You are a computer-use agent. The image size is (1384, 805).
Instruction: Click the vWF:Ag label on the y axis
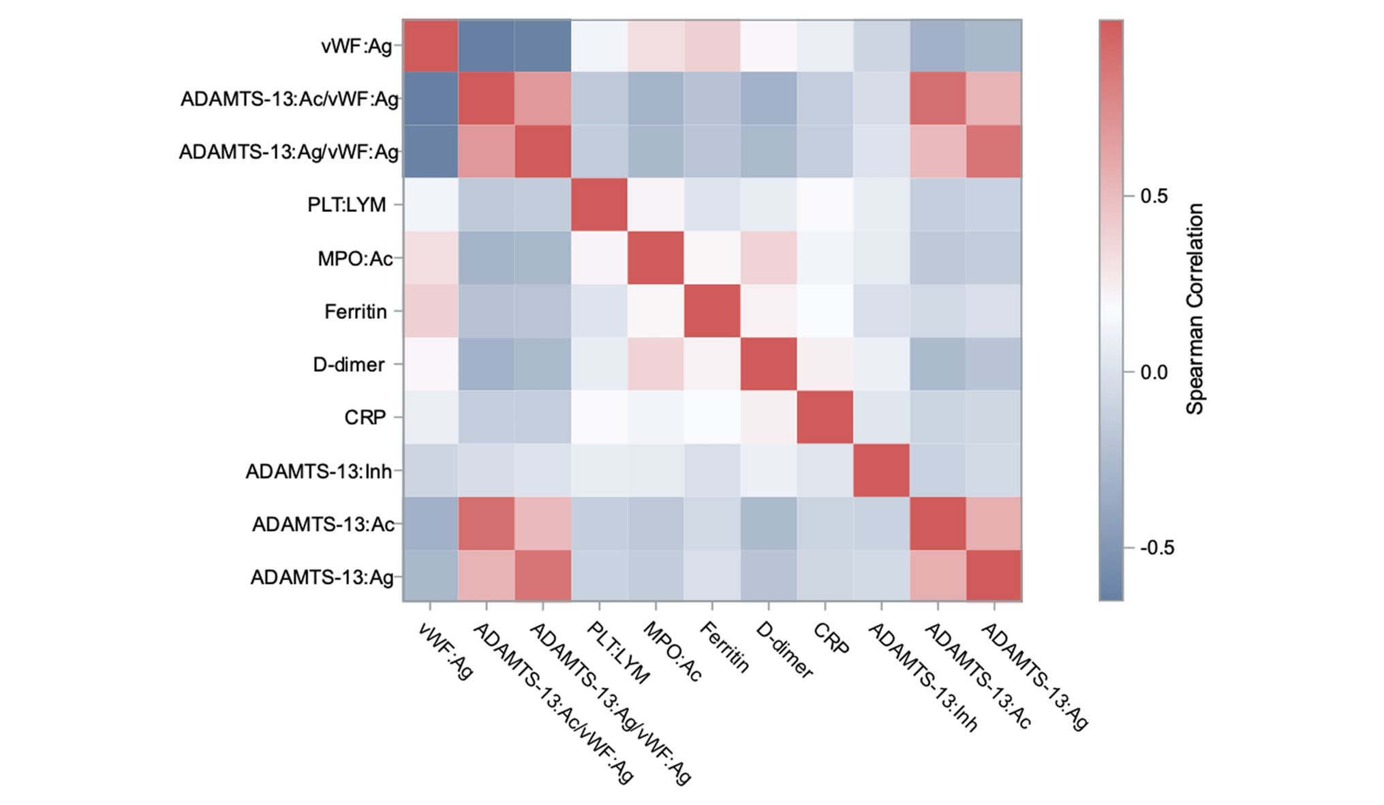click(356, 46)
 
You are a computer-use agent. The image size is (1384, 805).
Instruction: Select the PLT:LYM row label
click(346, 204)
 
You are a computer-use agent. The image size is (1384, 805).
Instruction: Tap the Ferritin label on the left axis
click(355, 312)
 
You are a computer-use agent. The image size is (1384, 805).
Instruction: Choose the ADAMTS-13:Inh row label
click(318, 471)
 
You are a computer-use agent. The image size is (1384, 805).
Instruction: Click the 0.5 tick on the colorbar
click(1154, 196)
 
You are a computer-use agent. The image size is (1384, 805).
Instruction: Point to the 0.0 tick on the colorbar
click(1154, 372)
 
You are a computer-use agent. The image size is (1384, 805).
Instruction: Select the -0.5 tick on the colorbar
click(1156, 548)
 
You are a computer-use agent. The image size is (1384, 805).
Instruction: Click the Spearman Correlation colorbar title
click(1195, 309)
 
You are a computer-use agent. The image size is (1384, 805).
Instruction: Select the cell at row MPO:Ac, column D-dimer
click(768, 258)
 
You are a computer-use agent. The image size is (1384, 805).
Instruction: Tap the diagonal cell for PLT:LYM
click(599, 204)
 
